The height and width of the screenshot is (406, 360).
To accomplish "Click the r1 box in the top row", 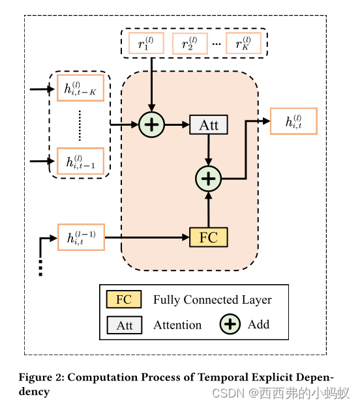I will tap(145, 43).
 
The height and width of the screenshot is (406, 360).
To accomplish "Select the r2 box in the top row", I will tap(190, 43).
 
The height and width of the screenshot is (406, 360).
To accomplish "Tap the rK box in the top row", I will tap(243, 43).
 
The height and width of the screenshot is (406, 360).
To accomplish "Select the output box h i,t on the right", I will tap(293, 121).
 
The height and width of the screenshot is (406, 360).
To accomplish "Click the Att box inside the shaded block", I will tap(208, 125).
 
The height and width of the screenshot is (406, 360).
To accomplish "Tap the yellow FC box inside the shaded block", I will tap(208, 237).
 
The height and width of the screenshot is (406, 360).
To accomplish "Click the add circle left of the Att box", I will tap(151, 125).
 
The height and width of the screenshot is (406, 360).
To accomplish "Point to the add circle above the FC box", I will tap(209, 178).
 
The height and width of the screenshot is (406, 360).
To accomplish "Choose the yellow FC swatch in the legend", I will tap(124, 300).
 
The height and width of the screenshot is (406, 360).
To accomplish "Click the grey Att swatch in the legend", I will tap(124, 325).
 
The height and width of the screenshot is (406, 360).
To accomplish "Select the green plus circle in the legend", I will tap(230, 324).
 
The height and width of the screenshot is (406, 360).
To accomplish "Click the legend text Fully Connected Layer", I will tap(212, 300).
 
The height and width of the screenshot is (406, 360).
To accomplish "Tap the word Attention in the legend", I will tap(177, 325).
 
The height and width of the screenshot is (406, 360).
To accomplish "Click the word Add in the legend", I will tap(258, 324).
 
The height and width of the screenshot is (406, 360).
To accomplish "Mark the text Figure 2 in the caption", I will tap(40, 378).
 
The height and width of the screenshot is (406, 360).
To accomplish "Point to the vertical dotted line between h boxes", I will tap(80, 125).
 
